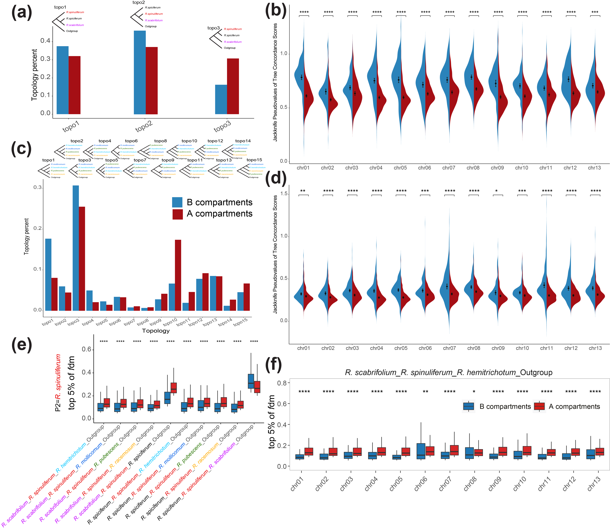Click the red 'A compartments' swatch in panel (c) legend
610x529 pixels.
click(178, 214)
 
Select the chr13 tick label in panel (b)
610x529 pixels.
click(594, 168)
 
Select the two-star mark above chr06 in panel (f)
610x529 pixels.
click(425, 392)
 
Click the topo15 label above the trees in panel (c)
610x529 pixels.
click(254, 160)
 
